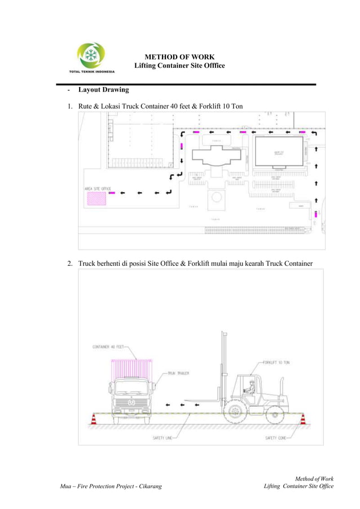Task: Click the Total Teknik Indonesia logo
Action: pos(91,58)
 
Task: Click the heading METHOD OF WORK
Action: pos(179,57)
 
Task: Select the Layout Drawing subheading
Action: pos(103,90)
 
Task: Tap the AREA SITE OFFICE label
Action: pos(98,188)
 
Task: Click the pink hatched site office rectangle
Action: pos(96,198)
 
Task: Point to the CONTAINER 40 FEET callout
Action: pos(109,347)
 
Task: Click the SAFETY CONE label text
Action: pos(276,438)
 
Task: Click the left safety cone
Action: pos(94,420)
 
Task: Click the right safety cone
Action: pos(302,420)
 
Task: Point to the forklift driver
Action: pos(251,388)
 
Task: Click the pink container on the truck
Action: pos(132,369)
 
